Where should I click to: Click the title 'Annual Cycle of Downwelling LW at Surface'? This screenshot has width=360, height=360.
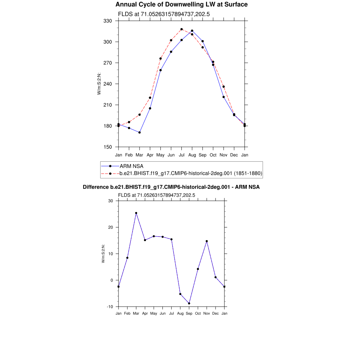pyautogui.click(x=181, y=5)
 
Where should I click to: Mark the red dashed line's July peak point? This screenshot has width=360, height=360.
pyautogui.click(x=181, y=29)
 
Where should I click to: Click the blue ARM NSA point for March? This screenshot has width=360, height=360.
pyautogui.click(x=140, y=133)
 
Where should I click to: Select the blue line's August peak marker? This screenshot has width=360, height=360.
pyautogui.click(x=192, y=31)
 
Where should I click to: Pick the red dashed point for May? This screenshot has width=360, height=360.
pyautogui.click(x=161, y=58)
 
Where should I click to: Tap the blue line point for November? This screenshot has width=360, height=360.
pyautogui.click(x=224, y=97)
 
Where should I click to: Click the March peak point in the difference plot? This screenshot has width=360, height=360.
pyautogui.click(x=136, y=213)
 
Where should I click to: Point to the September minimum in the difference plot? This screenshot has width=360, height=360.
pyautogui.click(x=189, y=303)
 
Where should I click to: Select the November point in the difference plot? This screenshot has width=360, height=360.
pyautogui.click(x=207, y=241)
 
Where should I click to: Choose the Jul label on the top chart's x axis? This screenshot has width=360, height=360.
pyautogui.click(x=181, y=155)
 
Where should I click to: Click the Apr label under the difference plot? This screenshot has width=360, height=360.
pyautogui.click(x=145, y=313)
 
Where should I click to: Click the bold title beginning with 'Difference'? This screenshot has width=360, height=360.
pyautogui.click(x=171, y=187)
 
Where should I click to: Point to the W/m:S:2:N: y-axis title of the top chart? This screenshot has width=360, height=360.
pyautogui.click(x=99, y=84)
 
